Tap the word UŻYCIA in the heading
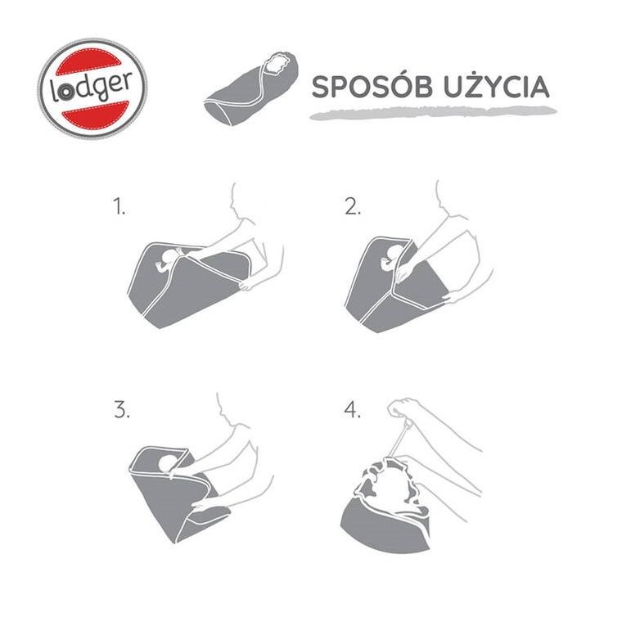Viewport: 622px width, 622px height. click(495, 87)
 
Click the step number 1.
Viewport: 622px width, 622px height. click(120, 207)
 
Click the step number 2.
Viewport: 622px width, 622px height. click(352, 207)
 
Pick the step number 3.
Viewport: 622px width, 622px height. click(122, 410)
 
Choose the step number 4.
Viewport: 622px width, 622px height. click(353, 410)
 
